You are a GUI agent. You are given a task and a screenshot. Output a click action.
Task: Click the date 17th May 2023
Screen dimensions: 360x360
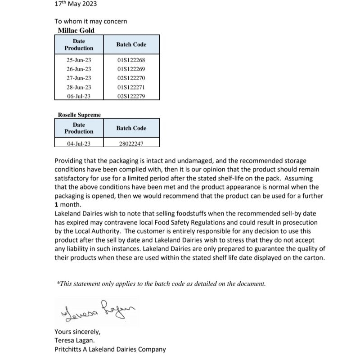pyautogui.click(x=76, y=4)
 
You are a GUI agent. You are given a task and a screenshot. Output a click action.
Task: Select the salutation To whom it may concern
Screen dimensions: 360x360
pyautogui.click(x=90, y=21)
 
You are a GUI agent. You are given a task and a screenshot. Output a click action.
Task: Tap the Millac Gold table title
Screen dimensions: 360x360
pyautogui.click(x=76, y=31)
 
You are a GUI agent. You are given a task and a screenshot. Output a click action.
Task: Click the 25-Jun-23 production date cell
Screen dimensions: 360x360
pyautogui.click(x=79, y=60)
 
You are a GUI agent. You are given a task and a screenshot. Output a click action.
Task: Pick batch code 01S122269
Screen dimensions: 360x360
pyautogui.click(x=131, y=69)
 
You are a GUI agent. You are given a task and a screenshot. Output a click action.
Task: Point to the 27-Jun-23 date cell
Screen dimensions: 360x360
pyautogui.click(x=79, y=78)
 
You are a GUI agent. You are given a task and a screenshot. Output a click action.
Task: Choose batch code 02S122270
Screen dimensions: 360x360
pyautogui.click(x=131, y=78)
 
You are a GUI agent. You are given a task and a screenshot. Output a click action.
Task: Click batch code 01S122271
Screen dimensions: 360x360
pyautogui.click(x=131, y=87)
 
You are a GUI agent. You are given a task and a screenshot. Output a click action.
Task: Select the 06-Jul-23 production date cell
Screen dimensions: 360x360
pyautogui.click(x=79, y=96)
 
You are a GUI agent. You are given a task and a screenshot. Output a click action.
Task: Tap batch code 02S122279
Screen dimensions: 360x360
pyautogui.click(x=131, y=96)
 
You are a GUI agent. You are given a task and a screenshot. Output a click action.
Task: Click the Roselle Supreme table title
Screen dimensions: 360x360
pyautogui.click(x=79, y=115)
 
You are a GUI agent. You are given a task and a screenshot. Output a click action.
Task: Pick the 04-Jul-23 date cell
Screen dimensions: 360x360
pyautogui.click(x=79, y=144)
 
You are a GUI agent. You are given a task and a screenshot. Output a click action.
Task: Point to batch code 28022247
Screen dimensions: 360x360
pyautogui.click(x=131, y=144)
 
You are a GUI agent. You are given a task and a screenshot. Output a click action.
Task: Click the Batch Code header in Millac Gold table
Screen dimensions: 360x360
pyautogui.click(x=131, y=45)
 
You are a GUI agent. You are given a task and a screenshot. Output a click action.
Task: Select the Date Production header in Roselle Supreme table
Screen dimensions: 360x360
pyautogui.click(x=79, y=128)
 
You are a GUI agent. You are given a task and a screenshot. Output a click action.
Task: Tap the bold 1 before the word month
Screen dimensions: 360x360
pyautogui.click(x=56, y=204)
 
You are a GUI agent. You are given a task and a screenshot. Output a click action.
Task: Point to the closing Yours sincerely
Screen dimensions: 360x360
pyautogui.click(x=77, y=332)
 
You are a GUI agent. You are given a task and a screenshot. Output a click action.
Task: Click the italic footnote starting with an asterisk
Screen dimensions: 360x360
pyautogui.click(x=161, y=283)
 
